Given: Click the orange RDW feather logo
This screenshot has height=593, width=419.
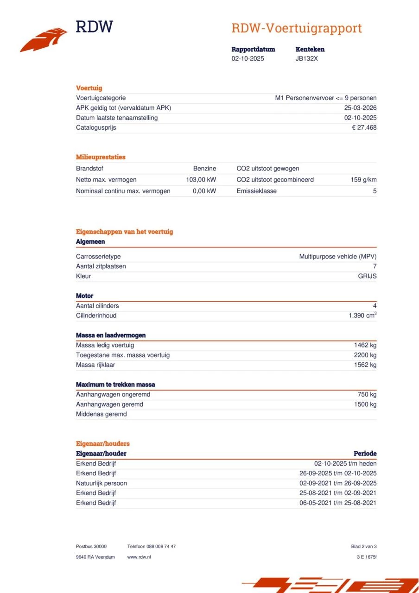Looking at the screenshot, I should pyautogui.click(x=43, y=40).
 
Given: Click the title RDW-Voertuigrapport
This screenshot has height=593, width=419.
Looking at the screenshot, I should pyautogui.click(x=296, y=28).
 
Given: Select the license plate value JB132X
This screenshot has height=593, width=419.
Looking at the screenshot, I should pyautogui.click(x=306, y=59).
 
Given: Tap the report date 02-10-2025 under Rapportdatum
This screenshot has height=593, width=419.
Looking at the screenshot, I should pyautogui.click(x=248, y=59).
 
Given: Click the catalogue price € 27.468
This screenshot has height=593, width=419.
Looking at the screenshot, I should pyautogui.click(x=364, y=127).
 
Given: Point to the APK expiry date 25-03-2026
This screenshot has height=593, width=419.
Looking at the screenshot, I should pyautogui.click(x=357, y=108).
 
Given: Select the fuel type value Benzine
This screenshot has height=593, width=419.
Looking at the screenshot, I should pyautogui.click(x=204, y=169).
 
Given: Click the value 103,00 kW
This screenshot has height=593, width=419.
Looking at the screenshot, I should pyautogui.click(x=201, y=180).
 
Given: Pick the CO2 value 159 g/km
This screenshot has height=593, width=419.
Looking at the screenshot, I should pyautogui.click(x=363, y=180).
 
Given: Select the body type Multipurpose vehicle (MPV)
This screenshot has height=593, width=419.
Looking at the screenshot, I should pyautogui.click(x=337, y=257).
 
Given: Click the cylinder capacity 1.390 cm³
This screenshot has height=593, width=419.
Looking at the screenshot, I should pyautogui.click(x=362, y=315).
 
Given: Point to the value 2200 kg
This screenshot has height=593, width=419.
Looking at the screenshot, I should pyautogui.click(x=365, y=355).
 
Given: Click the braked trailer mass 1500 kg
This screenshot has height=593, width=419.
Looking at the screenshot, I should pyautogui.click(x=365, y=404).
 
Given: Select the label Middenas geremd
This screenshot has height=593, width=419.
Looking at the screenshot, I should pyautogui.click(x=101, y=414).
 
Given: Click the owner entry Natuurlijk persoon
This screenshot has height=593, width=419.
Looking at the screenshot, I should pyautogui.click(x=101, y=483).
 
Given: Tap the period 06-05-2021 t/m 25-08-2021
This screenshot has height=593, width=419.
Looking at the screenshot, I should pyautogui.click(x=337, y=503).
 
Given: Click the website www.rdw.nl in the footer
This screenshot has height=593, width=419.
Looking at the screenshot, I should pyautogui.click(x=139, y=557).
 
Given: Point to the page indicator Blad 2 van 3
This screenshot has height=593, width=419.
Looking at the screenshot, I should pyautogui.click(x=364, y=547).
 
